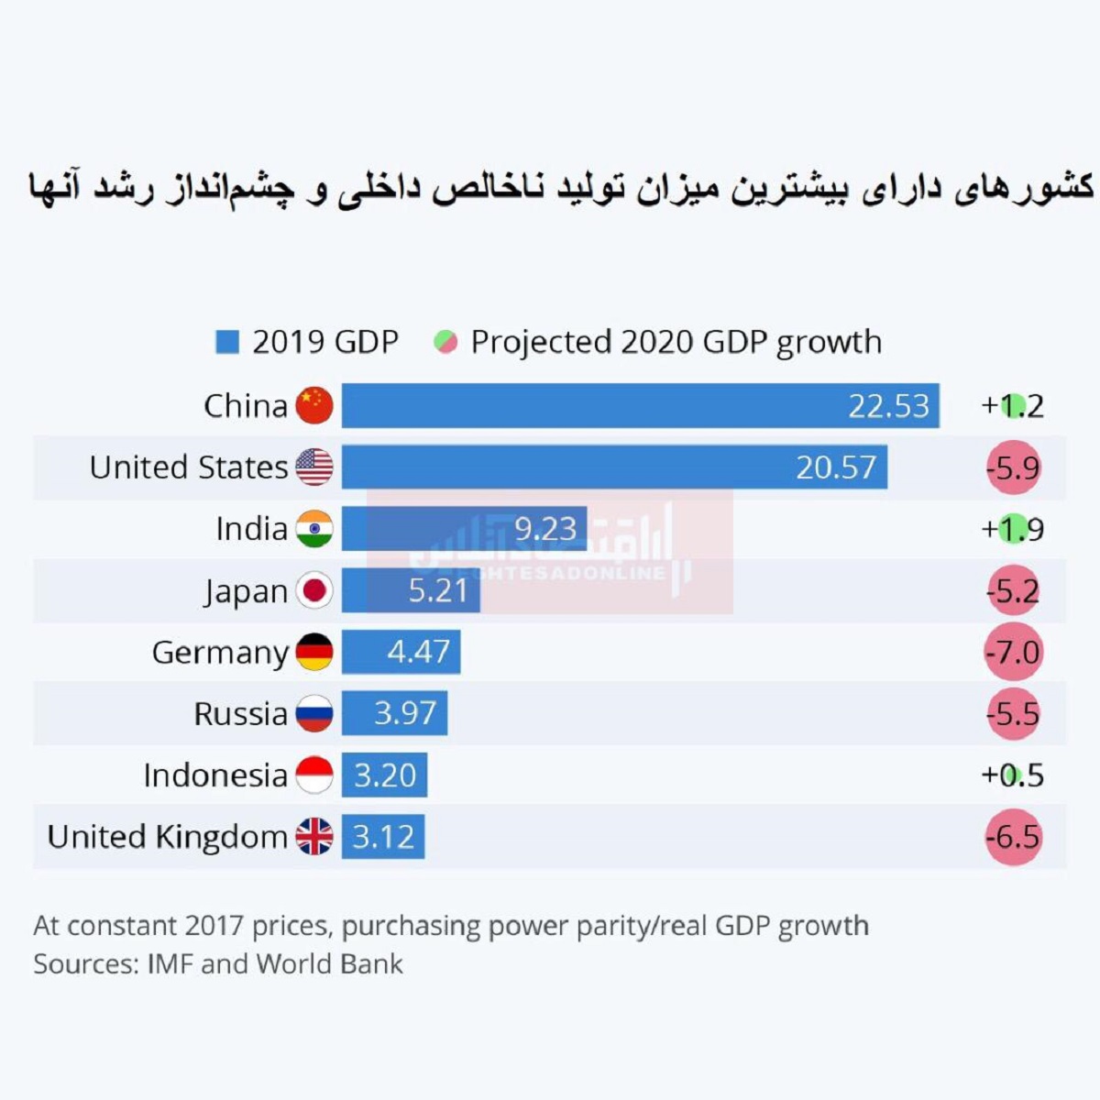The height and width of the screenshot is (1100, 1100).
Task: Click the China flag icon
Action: (x=314, y=405)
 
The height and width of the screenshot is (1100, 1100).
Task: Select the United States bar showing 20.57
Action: (x=614, y=467)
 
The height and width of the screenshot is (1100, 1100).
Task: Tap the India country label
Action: (x=251, y=529)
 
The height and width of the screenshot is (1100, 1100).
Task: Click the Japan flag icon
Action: (x=314, y=590)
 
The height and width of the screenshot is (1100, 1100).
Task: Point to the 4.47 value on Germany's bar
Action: (x=418, y=652)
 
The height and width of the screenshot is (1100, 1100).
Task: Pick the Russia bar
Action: (x=394, y=713)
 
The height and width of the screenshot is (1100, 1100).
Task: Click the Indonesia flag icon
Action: (x=314, y=775)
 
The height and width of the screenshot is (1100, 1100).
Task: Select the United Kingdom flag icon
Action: (x=314, y=836)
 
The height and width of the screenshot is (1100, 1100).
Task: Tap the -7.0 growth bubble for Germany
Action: (x=1013, y=653)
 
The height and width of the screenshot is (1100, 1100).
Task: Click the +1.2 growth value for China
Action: (x=1013, y=406)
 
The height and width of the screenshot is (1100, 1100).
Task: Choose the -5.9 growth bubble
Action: (x=1013, y=468)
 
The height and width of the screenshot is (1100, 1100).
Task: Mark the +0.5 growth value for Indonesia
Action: (x=1013, y=775)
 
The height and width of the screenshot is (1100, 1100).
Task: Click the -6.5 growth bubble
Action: (x=1013, y=837)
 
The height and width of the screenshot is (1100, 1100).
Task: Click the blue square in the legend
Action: (x=226, y=342)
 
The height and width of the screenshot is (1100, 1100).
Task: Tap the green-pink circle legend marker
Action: (x=445, y=342)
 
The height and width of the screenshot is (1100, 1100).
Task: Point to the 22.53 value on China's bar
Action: (x=888, y=406)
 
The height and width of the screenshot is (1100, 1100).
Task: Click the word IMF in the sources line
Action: (x=170, y=964)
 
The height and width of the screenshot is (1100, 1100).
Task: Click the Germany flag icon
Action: (x=314, y=652)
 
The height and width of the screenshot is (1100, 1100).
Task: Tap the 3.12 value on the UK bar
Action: (x=383, y=837)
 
